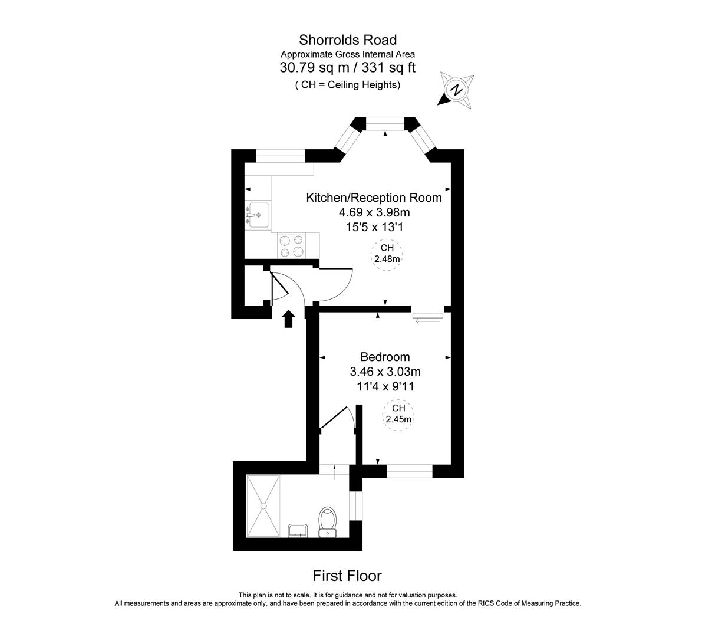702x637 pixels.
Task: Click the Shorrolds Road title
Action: pyautogui.click(x=348, y=40)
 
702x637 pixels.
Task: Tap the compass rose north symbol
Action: pyautogui.click(x=456, y=90)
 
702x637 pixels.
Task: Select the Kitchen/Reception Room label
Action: pyautogui.click(x=374, y=198)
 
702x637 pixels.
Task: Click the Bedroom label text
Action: pyautogui.click(x=385, y=357)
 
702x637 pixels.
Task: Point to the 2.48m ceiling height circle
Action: pyautogui.click(x=387, y=254)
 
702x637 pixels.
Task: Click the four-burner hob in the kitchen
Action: pyautogui.click(x=293, y=245)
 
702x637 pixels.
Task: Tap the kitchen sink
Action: pyautogui.click(x=257, y=214)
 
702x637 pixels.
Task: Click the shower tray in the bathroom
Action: pyautogui.click(x=263, y=505)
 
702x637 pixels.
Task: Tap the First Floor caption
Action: pyautogui.click(x=347, y=576)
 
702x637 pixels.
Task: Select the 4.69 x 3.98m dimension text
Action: pyautogui.click(x=374, y=212)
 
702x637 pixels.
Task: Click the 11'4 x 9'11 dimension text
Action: pyautogui.click(x=385, y=386)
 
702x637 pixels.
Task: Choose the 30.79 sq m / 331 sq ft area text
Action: pyautogui.click(x=348, y=68)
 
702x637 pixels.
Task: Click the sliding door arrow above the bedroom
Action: pyautogui.click(x=428, y=321)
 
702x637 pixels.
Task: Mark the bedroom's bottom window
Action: pyautogui.click(x=410, y=471)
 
